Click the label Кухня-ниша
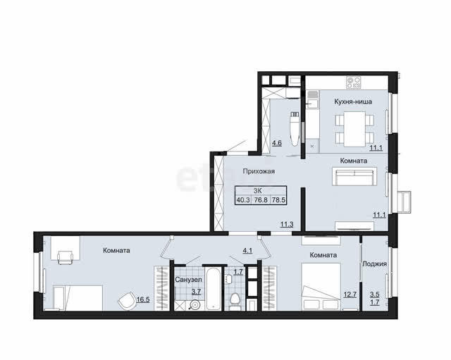pos(353,101)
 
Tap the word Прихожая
pos(259,171)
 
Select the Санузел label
pos(188,280)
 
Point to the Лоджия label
pos(374,264)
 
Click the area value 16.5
pos(143,299)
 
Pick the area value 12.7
pos(350,294)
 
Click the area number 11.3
pos(287,224)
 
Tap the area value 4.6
pos(277,143)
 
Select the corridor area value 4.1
pos(247,250)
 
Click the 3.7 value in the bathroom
pos(196,292)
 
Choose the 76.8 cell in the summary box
pos(261,200)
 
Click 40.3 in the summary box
pos(243,200)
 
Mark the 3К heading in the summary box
pos(257,191)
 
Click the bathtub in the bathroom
pos(213,288)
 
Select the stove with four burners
pos(354,82)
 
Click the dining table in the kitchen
pos(354,129)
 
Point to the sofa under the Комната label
pos(354,177)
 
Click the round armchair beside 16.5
pos(127,301)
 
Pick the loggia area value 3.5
pos(374,294)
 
